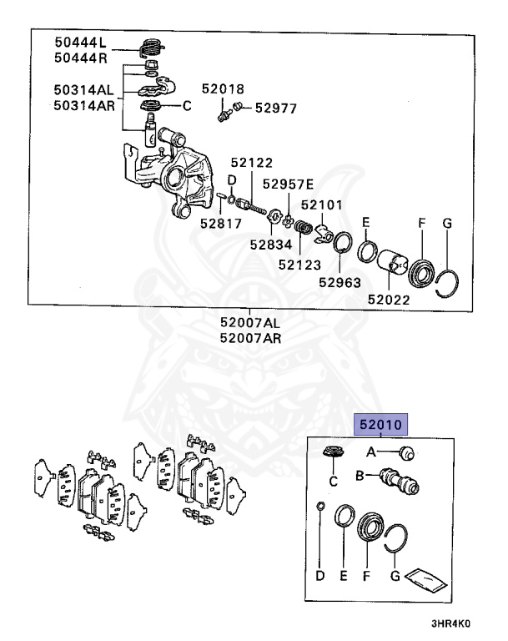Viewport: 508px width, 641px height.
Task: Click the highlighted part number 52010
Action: tap(381, 424)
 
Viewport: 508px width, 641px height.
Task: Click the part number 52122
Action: tap(253, 164)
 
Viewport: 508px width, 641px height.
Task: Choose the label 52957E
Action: tap(288, 184)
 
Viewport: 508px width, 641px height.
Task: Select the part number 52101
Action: tap(322, 204)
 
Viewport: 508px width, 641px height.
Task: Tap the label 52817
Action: tap(220, 223)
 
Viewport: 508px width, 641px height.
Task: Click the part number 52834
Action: tap(271, 244)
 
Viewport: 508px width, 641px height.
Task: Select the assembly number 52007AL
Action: tap(250, 322)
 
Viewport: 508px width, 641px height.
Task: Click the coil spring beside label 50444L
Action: tap(152, 48)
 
